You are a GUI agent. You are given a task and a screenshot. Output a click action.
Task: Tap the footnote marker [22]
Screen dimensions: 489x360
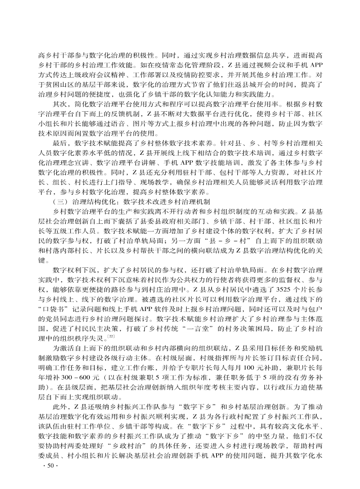pyautogui.click(x=110, y=336)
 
